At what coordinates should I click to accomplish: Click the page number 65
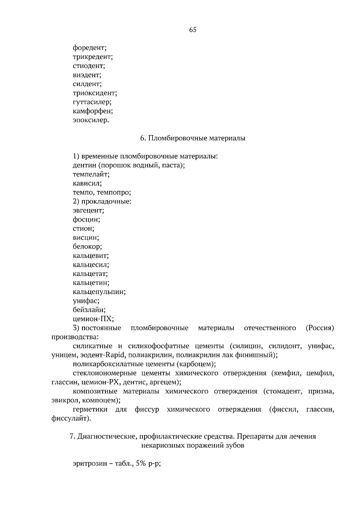click(x=193, y=30)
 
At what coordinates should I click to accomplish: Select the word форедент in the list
click(x=89, y=47)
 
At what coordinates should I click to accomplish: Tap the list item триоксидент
click(x=94, y=93)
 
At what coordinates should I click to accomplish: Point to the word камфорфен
click(x=92, y=111)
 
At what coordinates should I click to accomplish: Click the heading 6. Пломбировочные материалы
click(x=193, y=138)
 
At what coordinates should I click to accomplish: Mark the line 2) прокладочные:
click(x=102, y=201)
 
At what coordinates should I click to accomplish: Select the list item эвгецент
click(x=88, y=210)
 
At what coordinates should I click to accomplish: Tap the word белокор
click(x=87, y=246)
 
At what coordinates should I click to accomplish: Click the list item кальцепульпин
click(x=99, y=292)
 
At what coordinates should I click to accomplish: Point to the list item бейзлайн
click(x=89, y=310)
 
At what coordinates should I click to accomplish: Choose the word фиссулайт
click(x=70, y=418)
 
